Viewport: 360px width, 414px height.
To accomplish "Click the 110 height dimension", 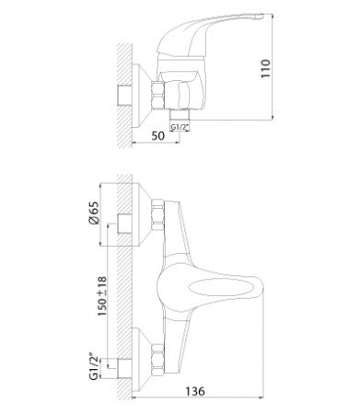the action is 266,68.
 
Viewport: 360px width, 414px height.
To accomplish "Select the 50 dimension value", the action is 157,135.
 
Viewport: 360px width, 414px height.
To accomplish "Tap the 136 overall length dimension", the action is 195,391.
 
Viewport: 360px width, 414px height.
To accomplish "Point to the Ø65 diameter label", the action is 95,213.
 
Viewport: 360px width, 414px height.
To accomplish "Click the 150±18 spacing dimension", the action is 102,296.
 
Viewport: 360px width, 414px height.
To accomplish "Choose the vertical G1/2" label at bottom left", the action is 94,367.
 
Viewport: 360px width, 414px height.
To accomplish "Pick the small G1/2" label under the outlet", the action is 180,127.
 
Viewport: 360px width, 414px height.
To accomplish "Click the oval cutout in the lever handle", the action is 222,288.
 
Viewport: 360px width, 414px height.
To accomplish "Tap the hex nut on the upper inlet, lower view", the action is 157,214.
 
